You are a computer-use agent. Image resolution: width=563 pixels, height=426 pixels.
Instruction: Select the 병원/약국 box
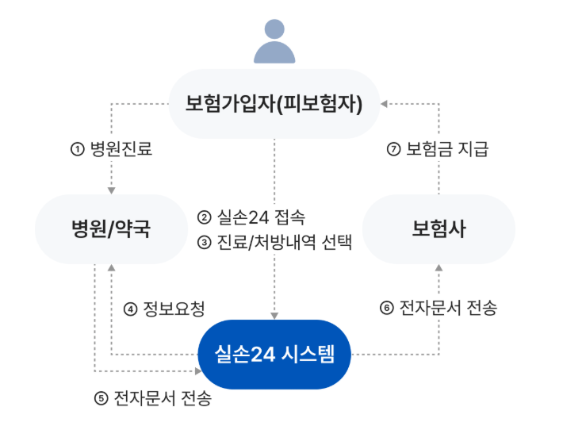coord(110,229)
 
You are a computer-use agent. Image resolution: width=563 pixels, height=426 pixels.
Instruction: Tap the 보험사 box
coord(439,229)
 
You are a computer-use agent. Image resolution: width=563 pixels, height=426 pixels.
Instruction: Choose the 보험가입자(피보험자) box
coord(274,104)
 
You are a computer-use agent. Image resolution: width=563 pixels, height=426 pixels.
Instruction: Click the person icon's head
coord(274,31)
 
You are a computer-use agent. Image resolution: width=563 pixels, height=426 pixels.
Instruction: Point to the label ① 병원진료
coord(111,148)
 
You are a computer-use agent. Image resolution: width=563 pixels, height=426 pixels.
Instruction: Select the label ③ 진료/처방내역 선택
coord(274,241)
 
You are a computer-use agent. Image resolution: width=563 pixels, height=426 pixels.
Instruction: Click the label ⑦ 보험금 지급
coord(438,148)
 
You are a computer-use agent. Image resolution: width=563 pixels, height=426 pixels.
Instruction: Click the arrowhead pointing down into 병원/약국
coord(111,190)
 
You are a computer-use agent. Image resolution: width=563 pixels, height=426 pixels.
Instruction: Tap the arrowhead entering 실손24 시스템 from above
coord(274,315)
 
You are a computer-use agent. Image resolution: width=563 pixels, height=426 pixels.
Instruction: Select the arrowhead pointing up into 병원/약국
coord(111,269)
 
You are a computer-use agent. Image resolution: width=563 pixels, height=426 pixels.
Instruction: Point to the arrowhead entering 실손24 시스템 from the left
coord(197,370)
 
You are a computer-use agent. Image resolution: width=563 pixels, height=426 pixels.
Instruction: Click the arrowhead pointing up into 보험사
coord(439,269)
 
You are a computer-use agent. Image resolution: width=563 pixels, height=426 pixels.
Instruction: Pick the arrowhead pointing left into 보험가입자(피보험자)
coord(384,103)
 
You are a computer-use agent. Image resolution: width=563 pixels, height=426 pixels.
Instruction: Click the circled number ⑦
coord(394,148)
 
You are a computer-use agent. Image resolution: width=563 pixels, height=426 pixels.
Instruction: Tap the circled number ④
coord(132,308)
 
